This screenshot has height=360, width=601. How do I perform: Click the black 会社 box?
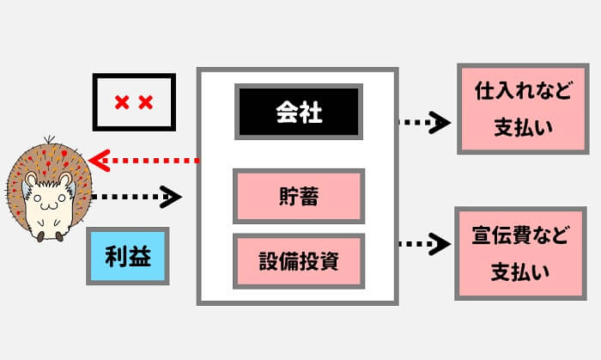298,113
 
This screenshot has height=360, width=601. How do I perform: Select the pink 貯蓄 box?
298,196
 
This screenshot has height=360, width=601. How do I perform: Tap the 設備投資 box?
298,260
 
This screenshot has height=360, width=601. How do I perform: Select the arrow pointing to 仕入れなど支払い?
425,123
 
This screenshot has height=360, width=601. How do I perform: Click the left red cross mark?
121,103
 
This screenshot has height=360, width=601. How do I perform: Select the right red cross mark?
145,103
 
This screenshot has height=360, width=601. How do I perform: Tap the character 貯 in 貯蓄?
286,196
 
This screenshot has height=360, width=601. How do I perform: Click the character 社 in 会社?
311,113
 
